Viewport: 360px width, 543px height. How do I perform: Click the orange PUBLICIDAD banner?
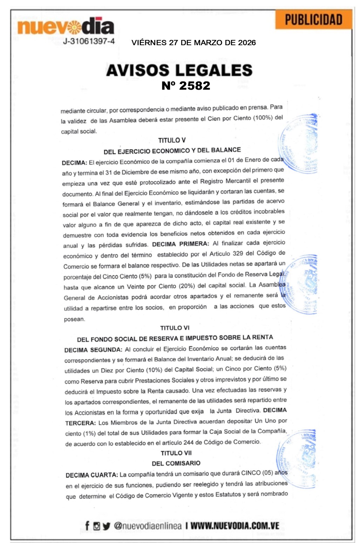click(x=313, y=20)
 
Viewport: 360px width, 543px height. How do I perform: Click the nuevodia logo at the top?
click(x=66, y=26)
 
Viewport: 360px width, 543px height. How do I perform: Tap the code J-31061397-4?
click(x=89, y=41)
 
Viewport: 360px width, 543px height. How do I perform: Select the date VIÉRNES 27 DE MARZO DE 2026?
click(x=193, y=43)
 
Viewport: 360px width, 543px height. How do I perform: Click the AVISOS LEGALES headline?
click(x=179, y=70)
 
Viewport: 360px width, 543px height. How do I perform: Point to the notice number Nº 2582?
click(x=186, y=86)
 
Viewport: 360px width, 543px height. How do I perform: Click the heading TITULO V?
click(x=172, y=140)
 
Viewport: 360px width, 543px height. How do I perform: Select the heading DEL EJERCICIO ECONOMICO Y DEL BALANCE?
click(x=172, y=151)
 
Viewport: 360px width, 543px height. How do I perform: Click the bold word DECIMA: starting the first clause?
click(x=74, y=163)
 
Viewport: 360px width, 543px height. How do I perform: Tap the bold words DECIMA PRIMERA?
click(x=181, y=244)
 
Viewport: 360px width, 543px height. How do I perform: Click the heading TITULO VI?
click(x=175, y=328)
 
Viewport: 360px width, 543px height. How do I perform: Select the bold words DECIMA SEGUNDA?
click(x=93, y=350)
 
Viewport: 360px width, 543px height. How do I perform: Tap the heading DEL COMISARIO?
click(x=176, y=463)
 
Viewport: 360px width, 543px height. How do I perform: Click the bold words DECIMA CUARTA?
click(x=92, y=475)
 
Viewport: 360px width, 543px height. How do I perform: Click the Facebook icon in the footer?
click(x=87, y=525)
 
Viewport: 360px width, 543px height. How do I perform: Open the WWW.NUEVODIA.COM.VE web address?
click(x=235, y=525)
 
